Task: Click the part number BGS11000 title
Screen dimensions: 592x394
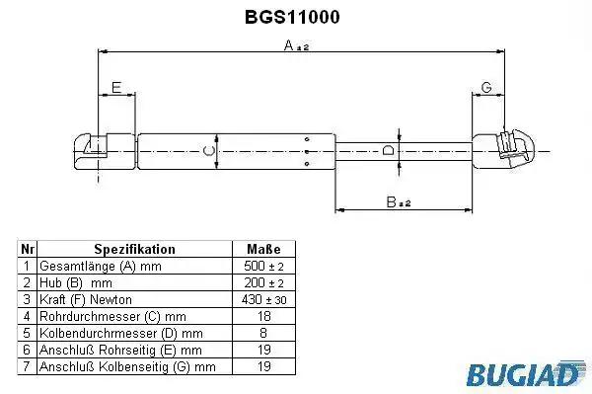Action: pyautogui.click(x=292, y=17)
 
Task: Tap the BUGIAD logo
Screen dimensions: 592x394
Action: pyautogui.click(x=524, y=374)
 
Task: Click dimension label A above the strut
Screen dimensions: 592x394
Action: pyautogui.click(x=296, y=45)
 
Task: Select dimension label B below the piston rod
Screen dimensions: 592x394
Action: pyautogui.click(x=399, y=202)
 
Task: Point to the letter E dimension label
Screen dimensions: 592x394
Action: pyautogui.click(x=116, y=87)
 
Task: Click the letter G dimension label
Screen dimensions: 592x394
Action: pyautogui.click(x=486, y=87)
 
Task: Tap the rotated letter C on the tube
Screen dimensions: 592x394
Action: pyautogui.click(x=209, y=151)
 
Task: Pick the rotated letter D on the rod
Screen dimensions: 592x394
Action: pyautogui.click(x=388, y=150)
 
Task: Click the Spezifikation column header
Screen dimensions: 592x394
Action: pyautogui.click(x=135, y=249)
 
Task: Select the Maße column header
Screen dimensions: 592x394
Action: pyautogui.click(x=263, y=249)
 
